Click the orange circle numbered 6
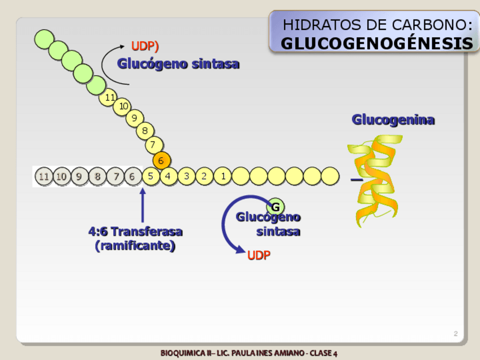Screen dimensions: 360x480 click(x=161, y=161)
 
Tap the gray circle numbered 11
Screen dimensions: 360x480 click(x=43, y=177)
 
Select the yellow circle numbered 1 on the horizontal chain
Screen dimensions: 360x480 click(x=223, y=176)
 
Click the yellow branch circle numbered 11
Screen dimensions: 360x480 click(x=109, y=97)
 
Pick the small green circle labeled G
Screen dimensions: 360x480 click(x=275, y=206)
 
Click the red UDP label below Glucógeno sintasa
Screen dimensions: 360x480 click(x=259, y=255)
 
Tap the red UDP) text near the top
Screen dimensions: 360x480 click(x=145, y=45)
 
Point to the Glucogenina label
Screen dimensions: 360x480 click(x=393, y=119)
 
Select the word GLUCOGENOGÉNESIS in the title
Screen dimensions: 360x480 click(x=376, y=44)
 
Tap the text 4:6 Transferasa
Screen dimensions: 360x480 click(x=135, y=232)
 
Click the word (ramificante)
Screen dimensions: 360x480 click(x=135, y=246)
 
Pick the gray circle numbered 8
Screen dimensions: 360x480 click(x=97, y=177)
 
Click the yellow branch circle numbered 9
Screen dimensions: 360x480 click(x=134, y=118)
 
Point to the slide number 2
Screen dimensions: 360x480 click(x=455, y=334)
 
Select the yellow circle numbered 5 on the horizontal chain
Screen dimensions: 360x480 click(x=151, y=176)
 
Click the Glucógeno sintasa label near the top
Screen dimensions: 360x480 click(x=178, y=64)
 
